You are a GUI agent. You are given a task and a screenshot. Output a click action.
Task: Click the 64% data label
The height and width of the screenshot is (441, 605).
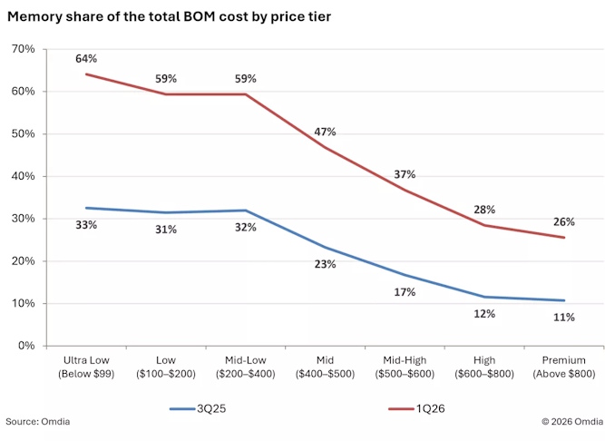tap(86, 59)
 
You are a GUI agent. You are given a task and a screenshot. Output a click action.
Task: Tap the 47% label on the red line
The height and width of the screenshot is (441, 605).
tap(325, 132)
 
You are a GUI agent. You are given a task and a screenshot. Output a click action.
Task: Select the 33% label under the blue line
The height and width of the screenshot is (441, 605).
tap(86, 225)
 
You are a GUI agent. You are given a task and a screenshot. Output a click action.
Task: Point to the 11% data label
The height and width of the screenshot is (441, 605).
tap(564, 318)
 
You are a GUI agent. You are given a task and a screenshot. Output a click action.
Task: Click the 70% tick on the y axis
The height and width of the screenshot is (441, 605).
tap(24, 49)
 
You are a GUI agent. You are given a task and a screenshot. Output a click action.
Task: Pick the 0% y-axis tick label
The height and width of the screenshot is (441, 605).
tap(26, 346)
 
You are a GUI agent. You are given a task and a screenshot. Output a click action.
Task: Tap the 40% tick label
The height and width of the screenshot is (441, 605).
tap(24, 176)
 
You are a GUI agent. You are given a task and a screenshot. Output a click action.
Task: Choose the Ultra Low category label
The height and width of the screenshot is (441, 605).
tap(86, 367)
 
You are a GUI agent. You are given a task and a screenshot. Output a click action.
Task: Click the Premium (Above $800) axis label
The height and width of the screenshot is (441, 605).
tap(564, 367)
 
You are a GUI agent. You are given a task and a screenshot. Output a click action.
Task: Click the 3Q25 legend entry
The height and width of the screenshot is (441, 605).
tap(198, 408)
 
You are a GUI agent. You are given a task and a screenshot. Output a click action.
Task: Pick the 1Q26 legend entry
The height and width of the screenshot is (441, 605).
tap(416, 408)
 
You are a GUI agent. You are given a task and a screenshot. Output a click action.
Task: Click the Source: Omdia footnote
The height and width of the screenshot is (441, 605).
tap(38, 421)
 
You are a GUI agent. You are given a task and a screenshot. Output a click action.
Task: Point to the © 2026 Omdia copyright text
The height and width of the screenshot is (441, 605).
tap(572, 421)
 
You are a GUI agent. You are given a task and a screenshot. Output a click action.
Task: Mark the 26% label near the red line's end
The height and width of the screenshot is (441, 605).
tap(564, 221)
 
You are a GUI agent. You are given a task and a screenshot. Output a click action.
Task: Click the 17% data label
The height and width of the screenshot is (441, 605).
tap(405, 292)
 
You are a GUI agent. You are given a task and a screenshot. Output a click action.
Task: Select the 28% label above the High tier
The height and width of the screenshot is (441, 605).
tap(484, 210)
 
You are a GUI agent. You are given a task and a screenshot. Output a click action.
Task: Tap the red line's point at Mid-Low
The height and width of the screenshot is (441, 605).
tap(246, 94)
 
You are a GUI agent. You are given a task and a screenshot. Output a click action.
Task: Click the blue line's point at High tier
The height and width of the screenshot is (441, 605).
tap(484, 297)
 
